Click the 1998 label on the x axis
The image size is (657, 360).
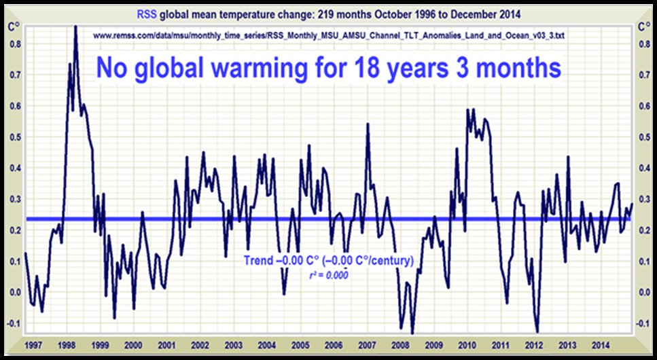click(x=67, y=344)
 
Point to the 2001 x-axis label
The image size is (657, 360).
click(x=166, y=344)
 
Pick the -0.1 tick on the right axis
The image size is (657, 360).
click(x=642, y=323)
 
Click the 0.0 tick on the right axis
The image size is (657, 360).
click(x=642, y=292)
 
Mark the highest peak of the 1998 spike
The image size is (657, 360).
click(x=75, y=27)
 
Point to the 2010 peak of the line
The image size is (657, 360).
click(x=468, y=109)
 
